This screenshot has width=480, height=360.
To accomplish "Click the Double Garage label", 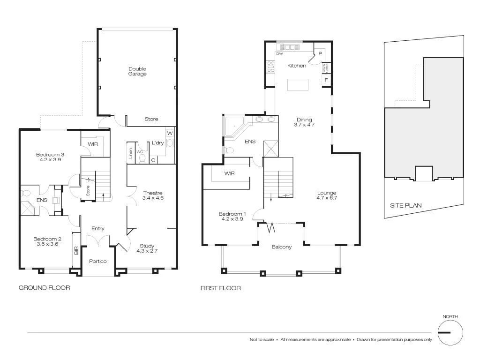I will (x=137, y=71).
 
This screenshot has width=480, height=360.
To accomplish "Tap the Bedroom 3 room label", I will (x=50, y=154).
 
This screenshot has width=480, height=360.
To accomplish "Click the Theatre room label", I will (x=152, y=193).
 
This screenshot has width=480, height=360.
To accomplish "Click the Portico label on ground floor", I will (x=98, y=261).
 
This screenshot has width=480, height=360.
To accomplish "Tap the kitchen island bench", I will (x=298, y=84).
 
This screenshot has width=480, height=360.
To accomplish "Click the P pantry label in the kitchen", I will (x=320, y=54).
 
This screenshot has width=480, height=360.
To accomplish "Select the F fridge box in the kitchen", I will (x=325, y=81).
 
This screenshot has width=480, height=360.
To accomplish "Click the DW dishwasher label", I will (x=279, y=54).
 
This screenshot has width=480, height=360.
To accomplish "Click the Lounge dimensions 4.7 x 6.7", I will (x=327, y=198).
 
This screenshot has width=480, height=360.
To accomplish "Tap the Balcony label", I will (x=282, y=247).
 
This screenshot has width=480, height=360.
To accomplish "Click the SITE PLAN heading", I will (x=406, y=205).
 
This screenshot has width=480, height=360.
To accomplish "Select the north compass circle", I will (x=450, y=333).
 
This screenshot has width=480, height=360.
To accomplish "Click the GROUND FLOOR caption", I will (x=44, y=288).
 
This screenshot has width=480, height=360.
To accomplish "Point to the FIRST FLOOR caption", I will (x=220, y=288).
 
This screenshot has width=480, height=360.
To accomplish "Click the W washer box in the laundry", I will (x=170, y=133).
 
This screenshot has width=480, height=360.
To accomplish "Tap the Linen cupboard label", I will (x=130, y=154).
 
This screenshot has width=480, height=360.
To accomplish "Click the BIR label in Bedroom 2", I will (x=76, y=250).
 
